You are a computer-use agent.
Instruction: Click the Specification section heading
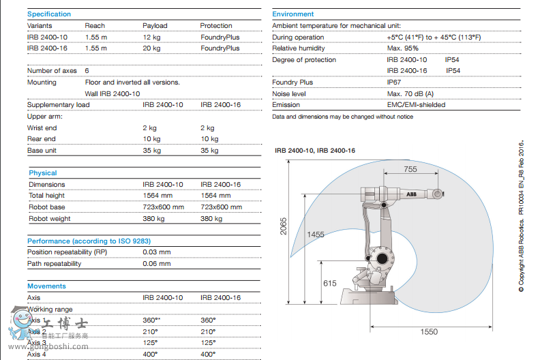[48, 14]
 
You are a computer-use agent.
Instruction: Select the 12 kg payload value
[151, 37]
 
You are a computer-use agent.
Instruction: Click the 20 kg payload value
[151, 48]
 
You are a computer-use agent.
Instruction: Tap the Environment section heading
[293, 14]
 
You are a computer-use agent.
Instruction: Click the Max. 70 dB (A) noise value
[410, 93]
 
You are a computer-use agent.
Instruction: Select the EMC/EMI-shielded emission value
[416, 105]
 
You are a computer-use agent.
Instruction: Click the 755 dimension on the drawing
[410, 169]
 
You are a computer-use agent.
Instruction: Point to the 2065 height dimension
[284, 226]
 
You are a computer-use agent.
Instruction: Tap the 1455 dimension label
[315, 235]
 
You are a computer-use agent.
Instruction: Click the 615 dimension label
[330, 283]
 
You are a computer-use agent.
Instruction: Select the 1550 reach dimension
[429, 331]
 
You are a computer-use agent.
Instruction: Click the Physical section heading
[43, 173]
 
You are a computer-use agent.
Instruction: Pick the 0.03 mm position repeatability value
[157, 252]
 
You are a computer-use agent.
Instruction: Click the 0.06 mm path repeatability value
[157, 264]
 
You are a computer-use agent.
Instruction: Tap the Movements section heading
[46, 286]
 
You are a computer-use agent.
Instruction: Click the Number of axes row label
[53, 71]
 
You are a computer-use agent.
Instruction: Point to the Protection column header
[216, 26]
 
